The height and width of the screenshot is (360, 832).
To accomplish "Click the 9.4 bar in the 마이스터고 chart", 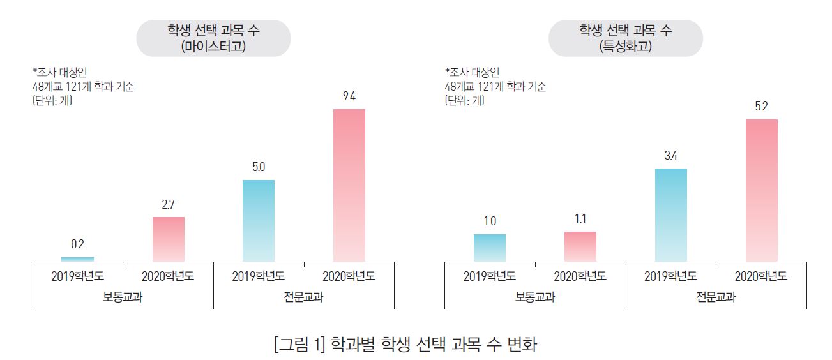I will click(x=349, y=185).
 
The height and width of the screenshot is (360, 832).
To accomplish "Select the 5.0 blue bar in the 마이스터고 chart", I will click(x=259, y=220).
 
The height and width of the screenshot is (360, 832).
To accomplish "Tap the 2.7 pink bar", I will click(x=168, y=239).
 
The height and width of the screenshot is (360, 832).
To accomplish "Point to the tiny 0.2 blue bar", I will click(x=77, y=259).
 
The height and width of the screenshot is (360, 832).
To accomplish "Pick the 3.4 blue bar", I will click(x=671, y=214).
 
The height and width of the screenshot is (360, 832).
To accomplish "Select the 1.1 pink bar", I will click(x=580, y=246).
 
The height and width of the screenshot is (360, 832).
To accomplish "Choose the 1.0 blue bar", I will click(x=490, y=248).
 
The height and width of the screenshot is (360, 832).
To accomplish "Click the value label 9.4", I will click(x=349, y=96).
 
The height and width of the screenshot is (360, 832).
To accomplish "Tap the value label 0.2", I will click(x=77, y=244).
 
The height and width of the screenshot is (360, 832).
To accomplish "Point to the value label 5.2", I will click(x=762, y=107).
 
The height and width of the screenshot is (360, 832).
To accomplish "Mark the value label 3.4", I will click(x=671, y=156).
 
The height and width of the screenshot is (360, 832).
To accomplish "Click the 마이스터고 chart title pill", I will click(x=213, y=38).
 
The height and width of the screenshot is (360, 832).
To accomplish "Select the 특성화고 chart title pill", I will click(x=626, y=38).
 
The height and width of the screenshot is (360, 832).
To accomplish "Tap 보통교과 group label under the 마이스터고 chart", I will click(x=123, y=297).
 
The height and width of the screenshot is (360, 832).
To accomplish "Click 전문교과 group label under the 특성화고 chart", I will click(x=716, y=297).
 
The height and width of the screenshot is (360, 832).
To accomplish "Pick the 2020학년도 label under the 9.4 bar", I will click(x=349, y=277).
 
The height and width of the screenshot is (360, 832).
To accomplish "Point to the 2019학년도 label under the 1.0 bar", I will click(x=490, y=277).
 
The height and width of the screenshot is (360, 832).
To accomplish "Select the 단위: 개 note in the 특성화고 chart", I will click(x=464, y=100).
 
